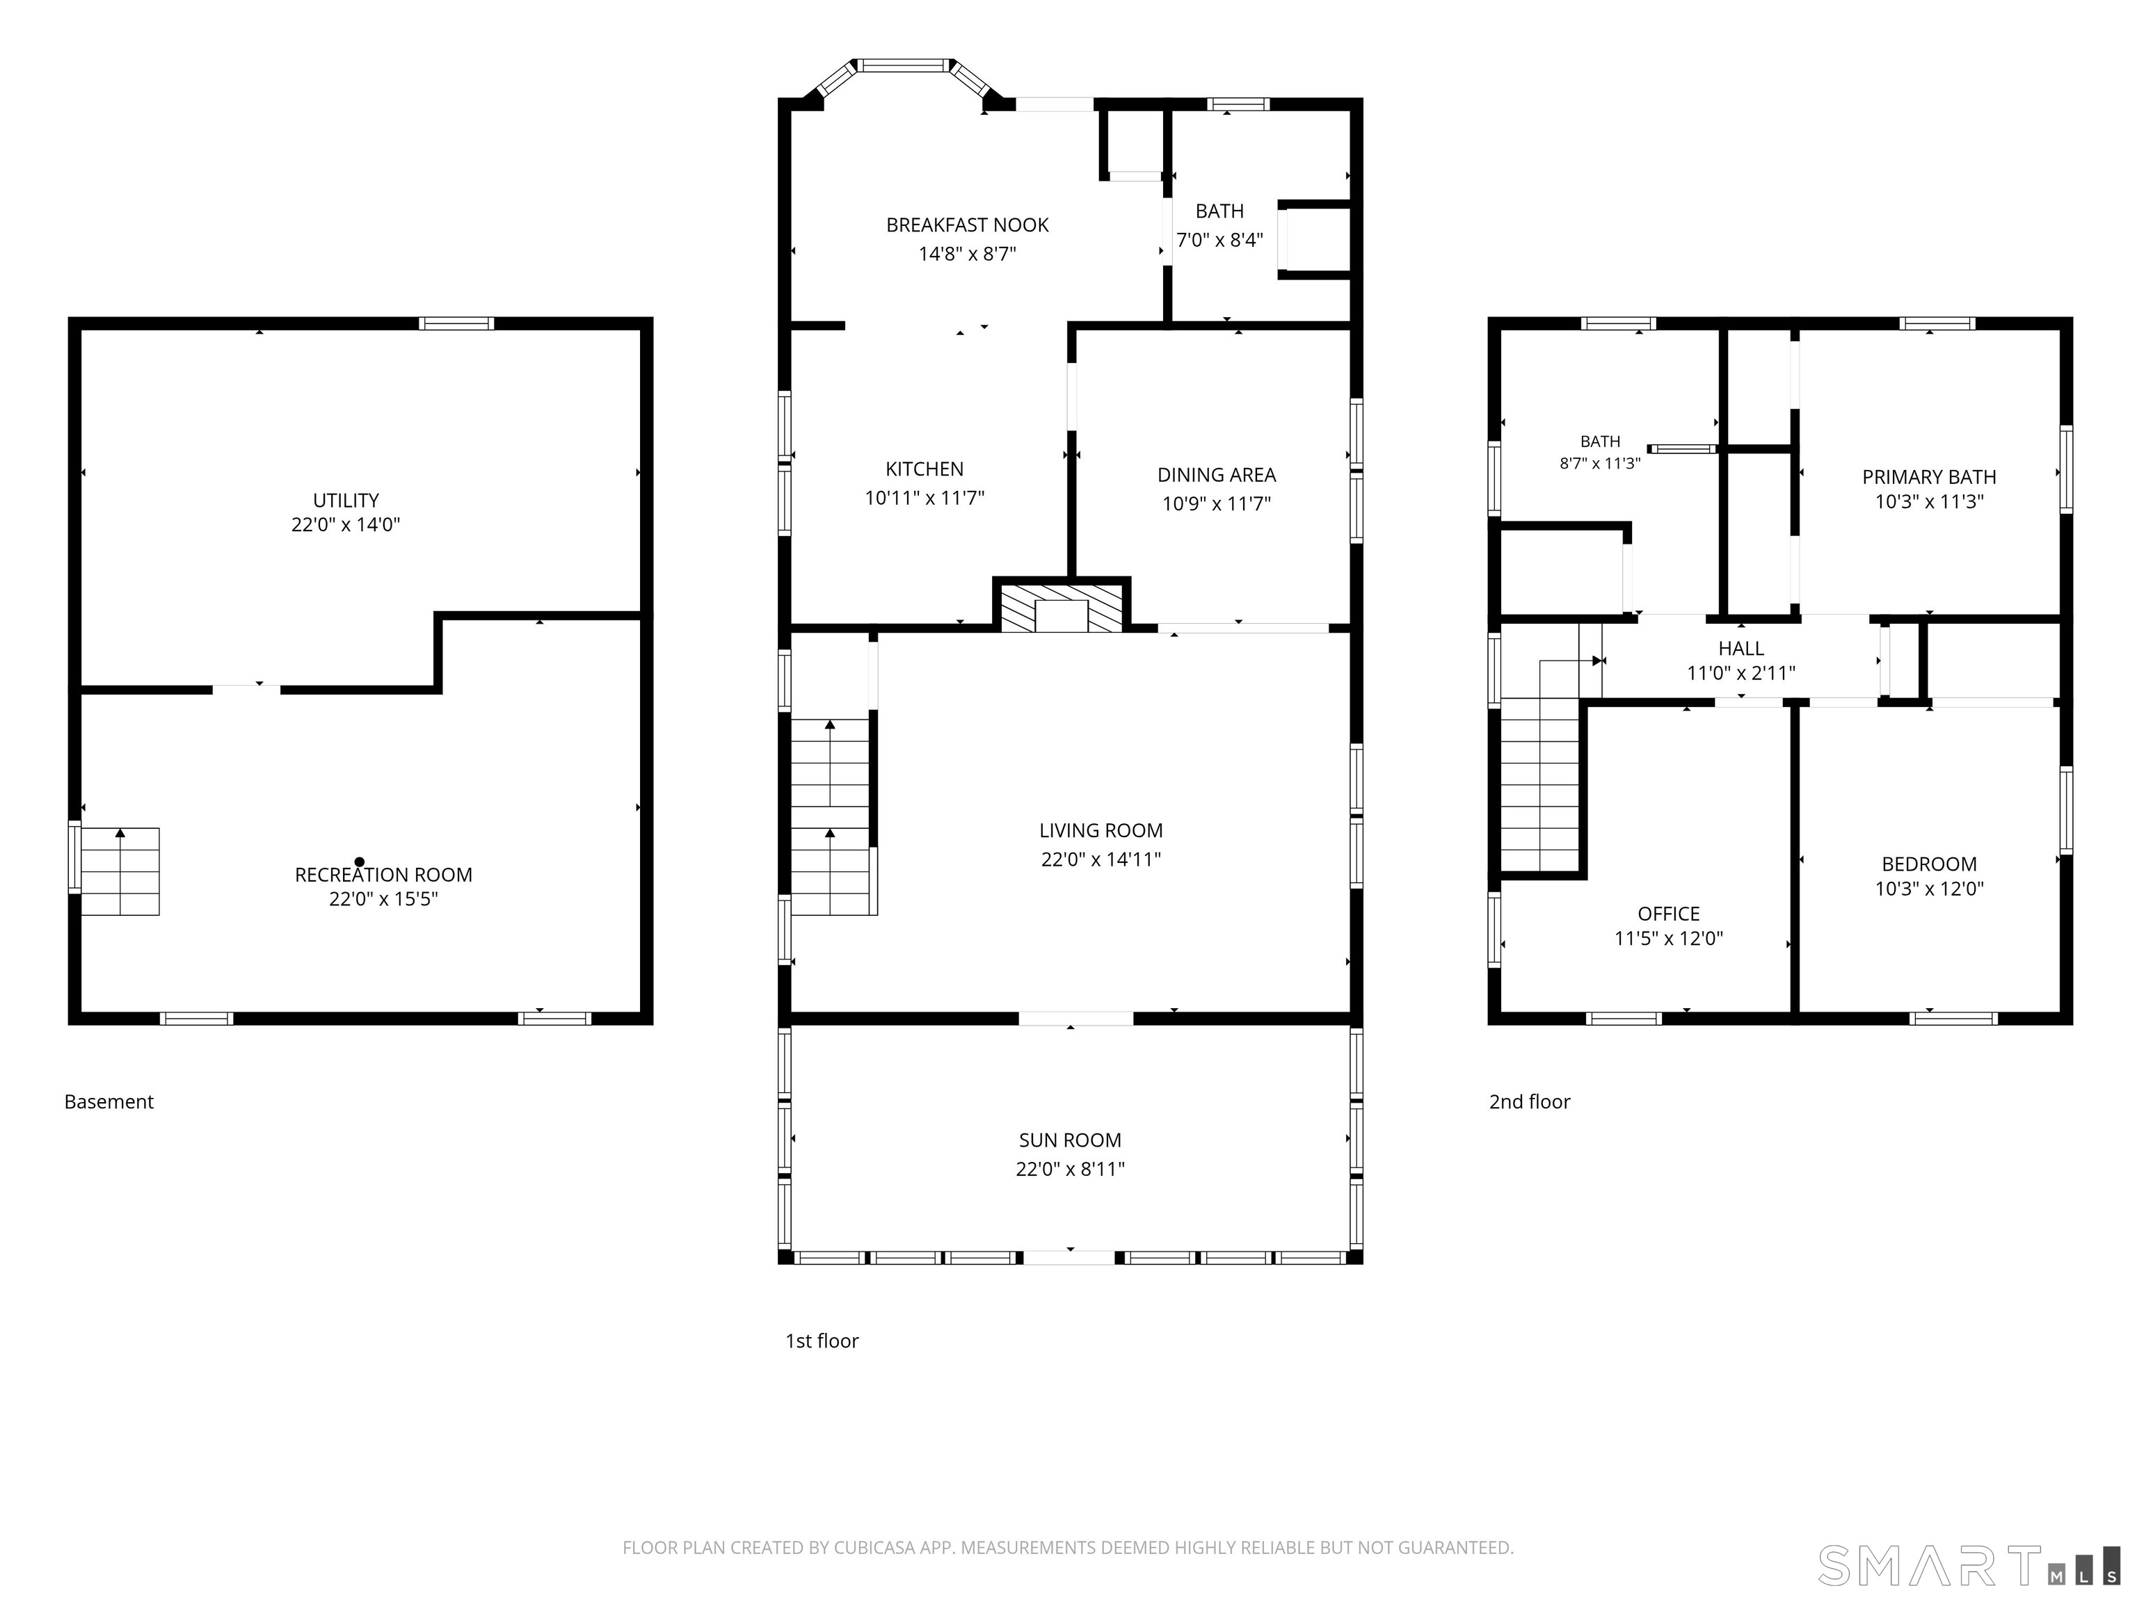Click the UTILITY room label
point(345,500)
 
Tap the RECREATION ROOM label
point(383,875)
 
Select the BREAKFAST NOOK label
point(967,225)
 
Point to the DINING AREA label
point(1216,475)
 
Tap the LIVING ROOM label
point(1100,830)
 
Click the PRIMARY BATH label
point(1928,477)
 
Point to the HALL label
point(1741,649)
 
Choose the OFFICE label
point(1668,914)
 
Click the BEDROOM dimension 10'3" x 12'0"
point(1929,889)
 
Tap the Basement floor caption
point(109,1102)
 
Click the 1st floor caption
point(822,1341)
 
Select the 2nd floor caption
point(1529,1102)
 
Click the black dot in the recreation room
point(360,861)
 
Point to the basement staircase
point(120,871)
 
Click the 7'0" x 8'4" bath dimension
point(1219,239)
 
